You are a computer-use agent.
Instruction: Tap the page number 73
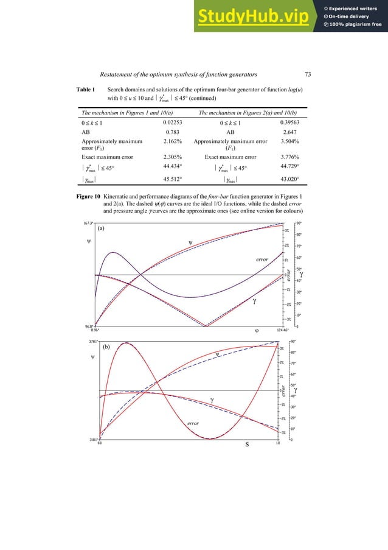click(308, 74)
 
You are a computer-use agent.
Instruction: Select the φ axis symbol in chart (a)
click(257, 330)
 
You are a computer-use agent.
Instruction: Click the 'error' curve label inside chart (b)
click(194, 422)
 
